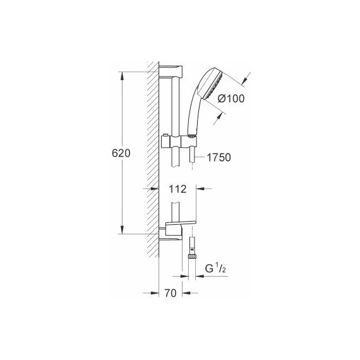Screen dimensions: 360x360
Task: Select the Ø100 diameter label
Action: [x=231, y=98]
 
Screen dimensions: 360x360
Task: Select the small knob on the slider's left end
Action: [x=164, y=136]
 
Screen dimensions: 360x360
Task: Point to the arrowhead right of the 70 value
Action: [x=186, y=293]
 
